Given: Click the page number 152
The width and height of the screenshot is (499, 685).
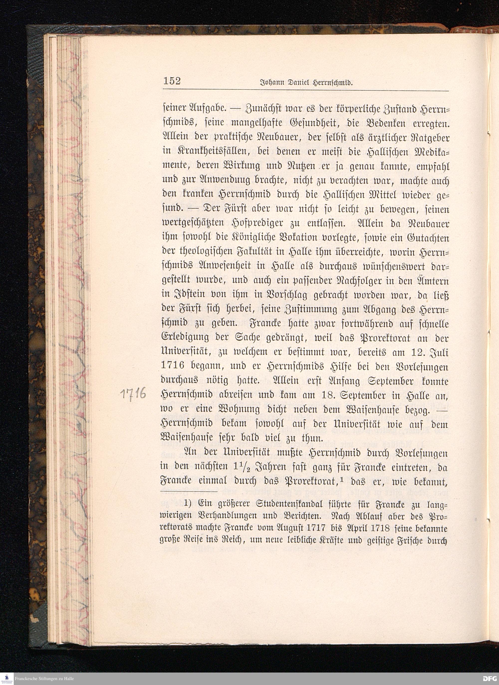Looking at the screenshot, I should click(172, 81).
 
